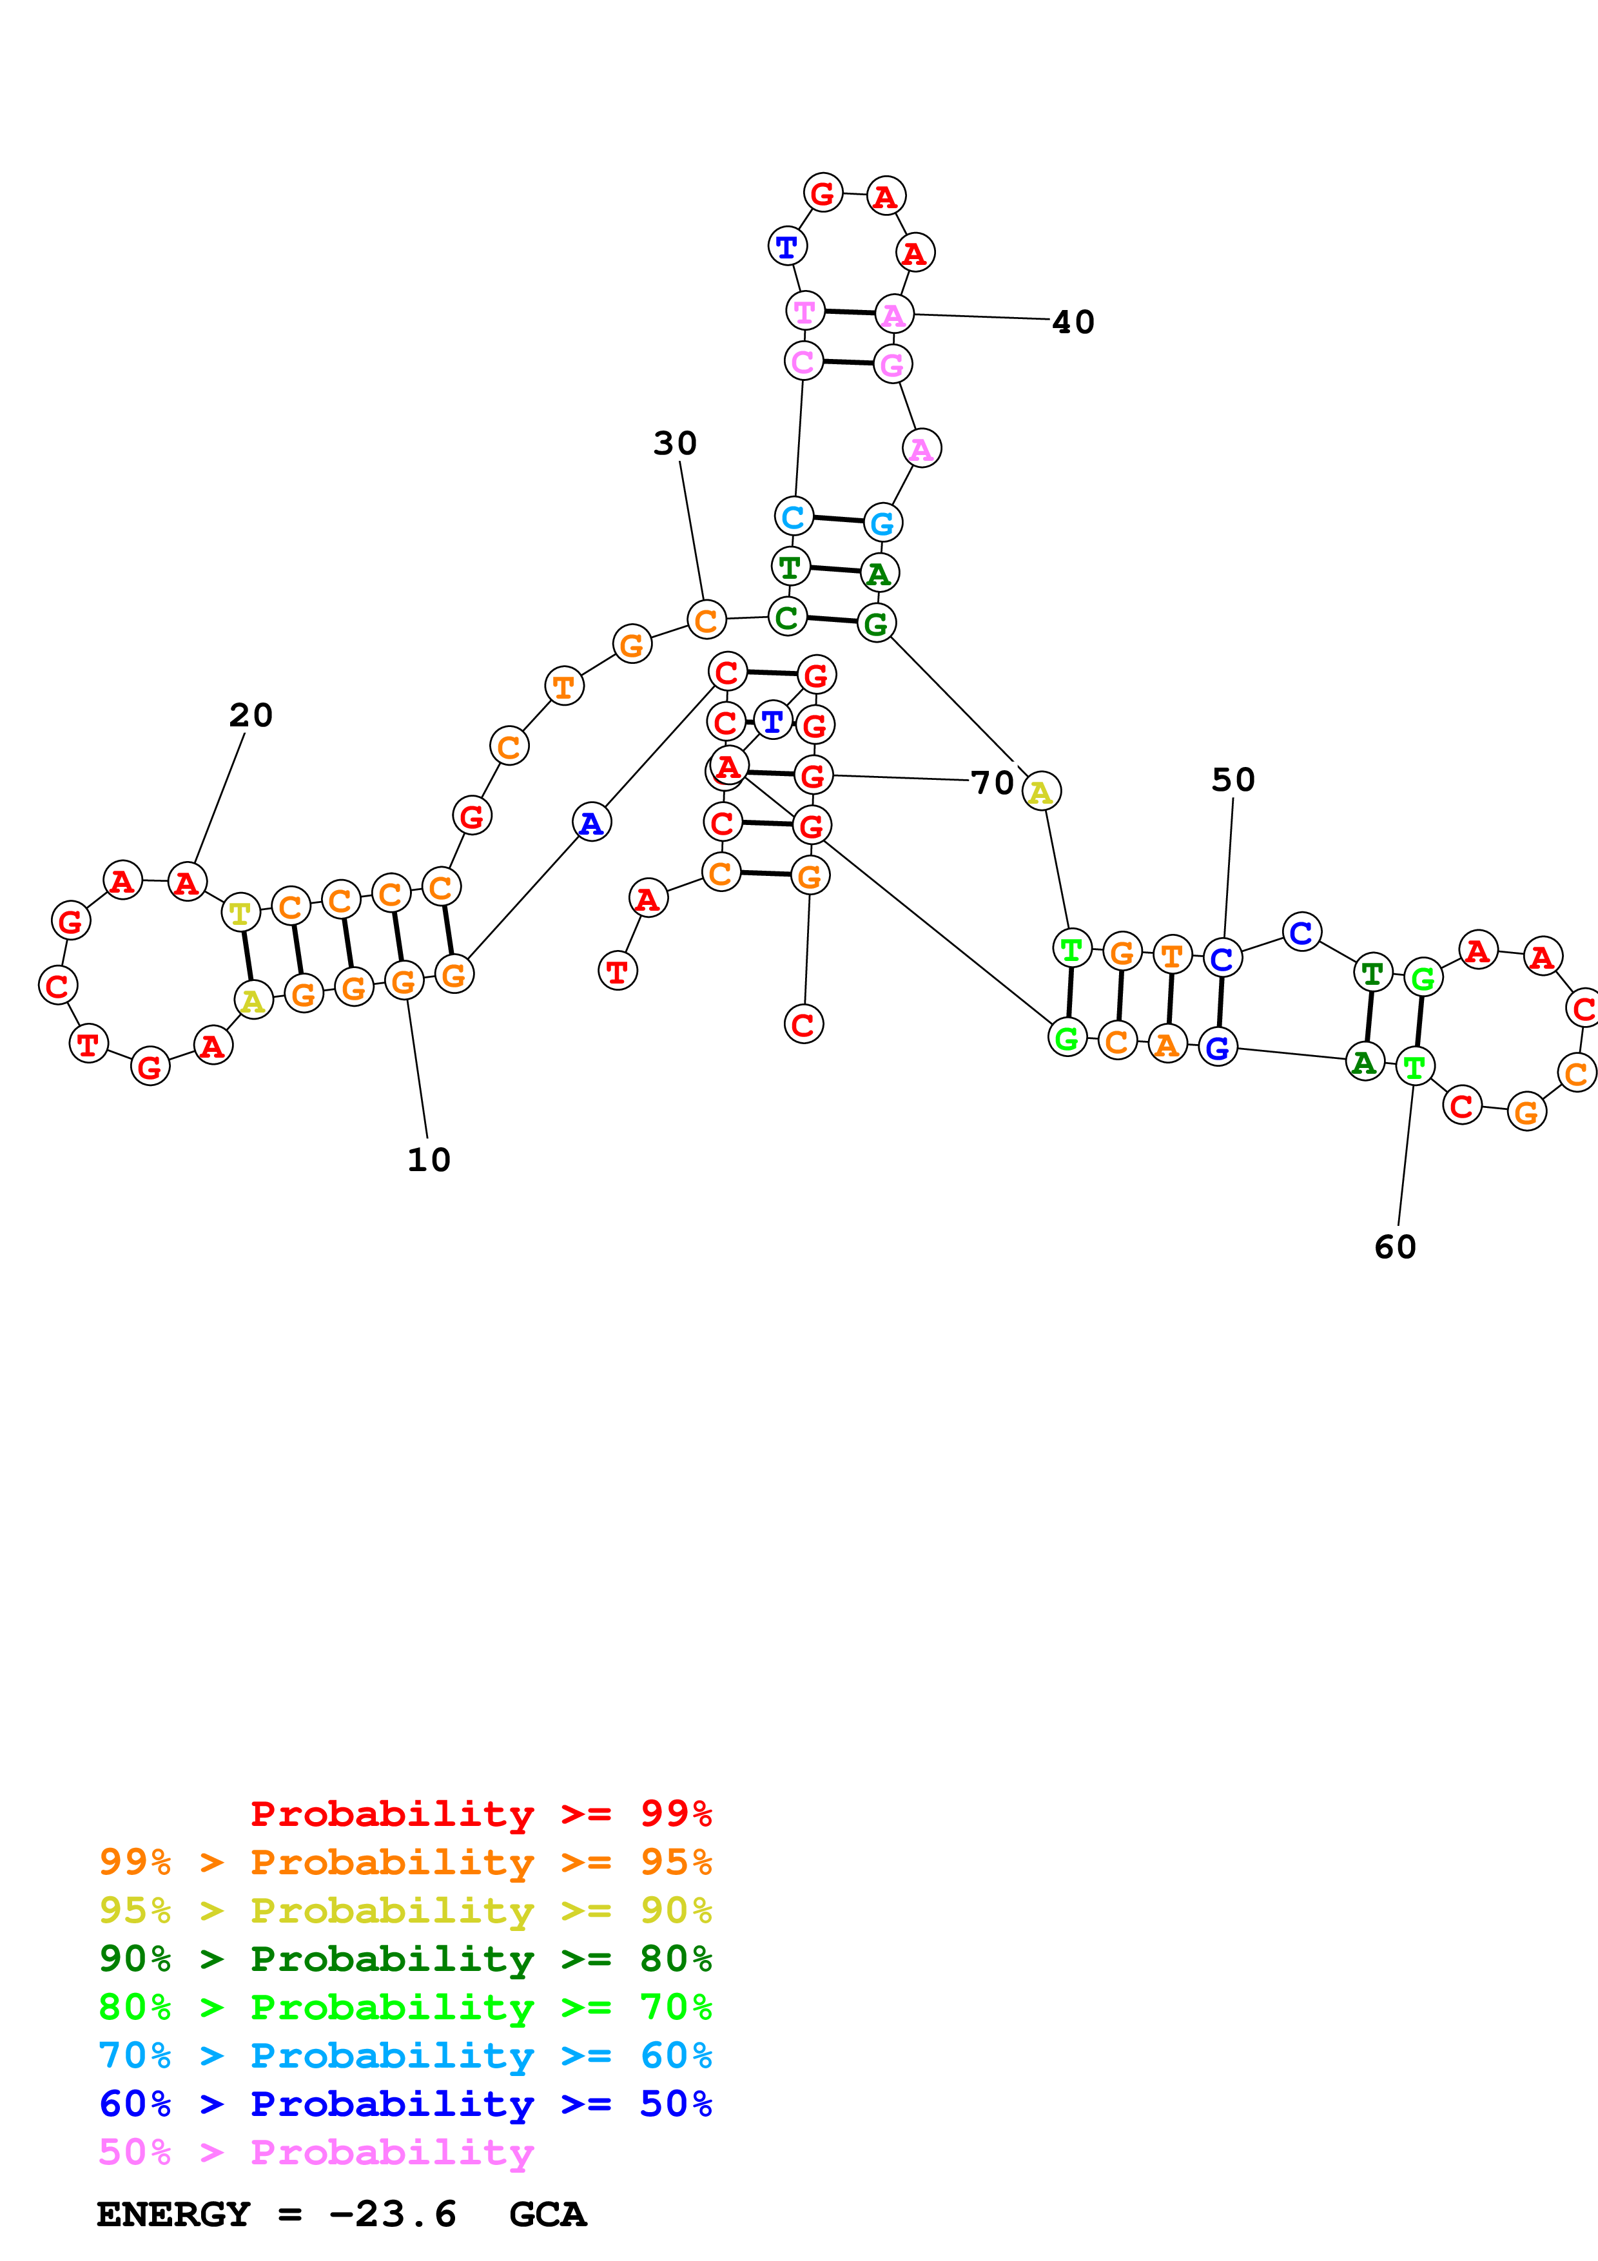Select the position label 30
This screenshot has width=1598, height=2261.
(x=676, y=443)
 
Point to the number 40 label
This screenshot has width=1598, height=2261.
(x=1073, y=322)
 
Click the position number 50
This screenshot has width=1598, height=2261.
(x=1233, y=780)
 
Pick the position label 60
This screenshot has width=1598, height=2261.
(x=1395, y=1248)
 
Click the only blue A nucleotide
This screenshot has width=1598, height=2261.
(x=590, y=822)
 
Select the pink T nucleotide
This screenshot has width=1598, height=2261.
(x=804, y=311)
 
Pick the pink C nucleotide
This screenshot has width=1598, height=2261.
(x=803, y=362)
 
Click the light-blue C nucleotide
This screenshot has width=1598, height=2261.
(x=794, y=516)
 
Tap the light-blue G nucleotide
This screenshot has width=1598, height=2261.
(x=882, y=522)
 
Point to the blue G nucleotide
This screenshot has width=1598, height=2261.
(x=1218, y=1048)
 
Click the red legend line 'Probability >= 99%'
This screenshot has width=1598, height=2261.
(x=480, y=1814)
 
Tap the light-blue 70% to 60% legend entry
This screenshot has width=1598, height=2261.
(x=405, y=2056)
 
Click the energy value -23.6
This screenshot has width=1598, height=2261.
(x=393, y=2215)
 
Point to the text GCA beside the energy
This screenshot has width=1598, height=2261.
(x=547, y=2215)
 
